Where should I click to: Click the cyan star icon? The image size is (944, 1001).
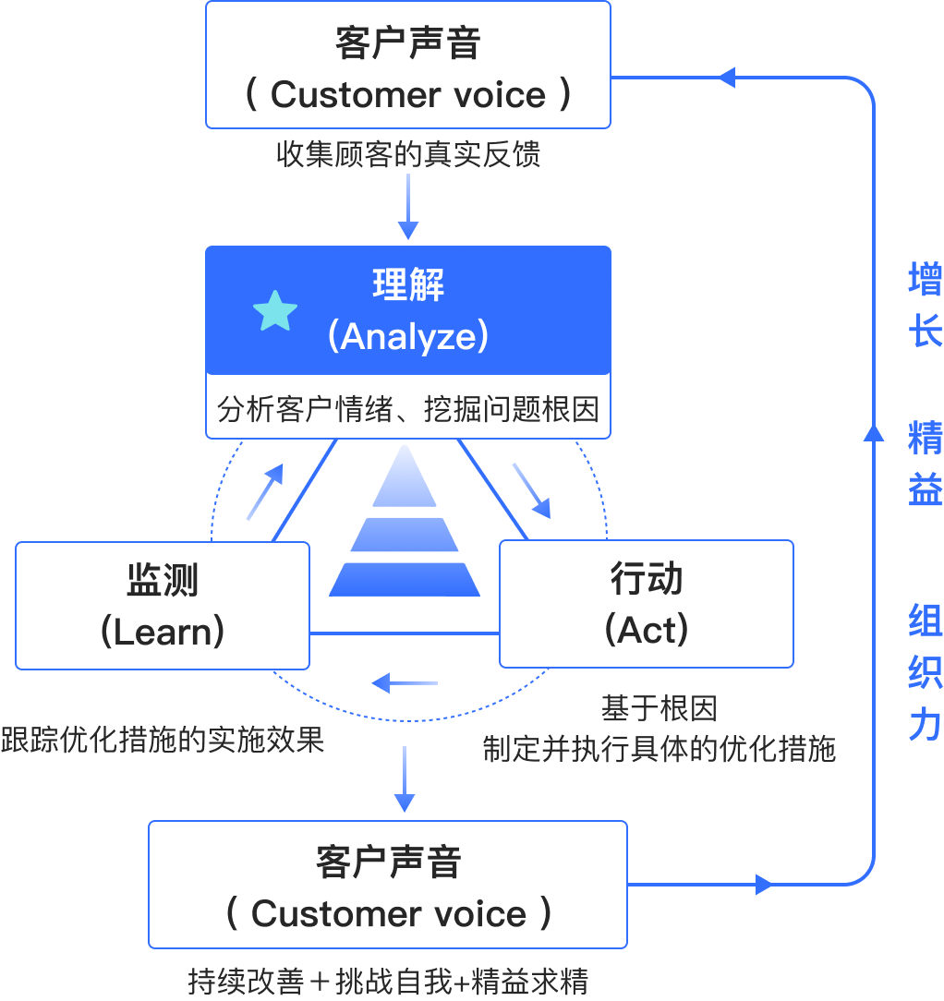[x=275, y=311]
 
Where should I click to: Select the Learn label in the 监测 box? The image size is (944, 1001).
[x=163, y=632]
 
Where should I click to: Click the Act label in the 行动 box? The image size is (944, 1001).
[x=647, y=630]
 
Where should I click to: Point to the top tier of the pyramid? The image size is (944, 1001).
[x=405, y=476]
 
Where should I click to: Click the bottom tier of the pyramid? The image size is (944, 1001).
[x=405, y=580]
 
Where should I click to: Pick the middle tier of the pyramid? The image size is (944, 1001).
[x=405, y=535]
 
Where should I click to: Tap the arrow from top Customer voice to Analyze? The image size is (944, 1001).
[x=408, y=206]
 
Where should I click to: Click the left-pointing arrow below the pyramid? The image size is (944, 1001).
[x=405, y=683]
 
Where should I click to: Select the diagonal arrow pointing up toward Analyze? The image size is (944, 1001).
[x=265, y=491]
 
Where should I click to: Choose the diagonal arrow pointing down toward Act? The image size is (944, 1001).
[x=531, y=490]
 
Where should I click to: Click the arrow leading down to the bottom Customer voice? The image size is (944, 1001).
[x=405, y=778]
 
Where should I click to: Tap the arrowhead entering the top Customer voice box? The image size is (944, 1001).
[x=727, y=78]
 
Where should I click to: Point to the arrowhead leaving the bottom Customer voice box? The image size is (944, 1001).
[x=764, y=885]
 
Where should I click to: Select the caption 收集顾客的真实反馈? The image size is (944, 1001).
[x=408, y=154]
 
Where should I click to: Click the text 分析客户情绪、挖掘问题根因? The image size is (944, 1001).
[x=408, y=409]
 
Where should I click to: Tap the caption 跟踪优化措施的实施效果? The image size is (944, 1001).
[x=163, y=740]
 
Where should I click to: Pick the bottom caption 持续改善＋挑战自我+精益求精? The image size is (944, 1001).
[x=388, y=982]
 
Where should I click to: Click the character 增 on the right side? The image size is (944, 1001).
[x=925, y=279]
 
